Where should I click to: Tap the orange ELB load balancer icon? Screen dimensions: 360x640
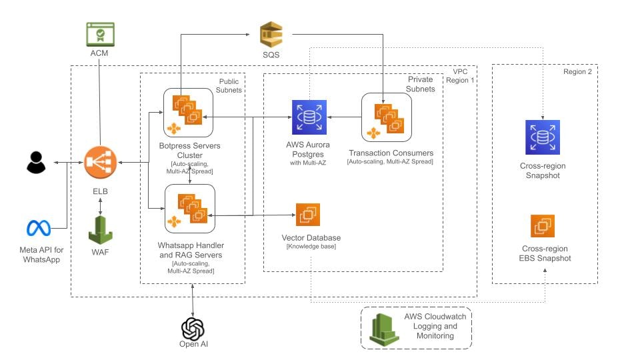tap(101, 162)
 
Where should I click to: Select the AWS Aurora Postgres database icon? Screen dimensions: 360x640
tap(309, 117)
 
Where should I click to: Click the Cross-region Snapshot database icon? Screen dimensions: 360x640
tap(543, 138)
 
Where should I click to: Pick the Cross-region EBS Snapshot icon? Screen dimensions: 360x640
tap(543, 226)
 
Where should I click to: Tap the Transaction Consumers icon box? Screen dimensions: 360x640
tap(386, 117)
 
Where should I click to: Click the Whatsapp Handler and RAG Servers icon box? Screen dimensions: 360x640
tap(189, 209)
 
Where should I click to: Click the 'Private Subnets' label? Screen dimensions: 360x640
tap(420, 84)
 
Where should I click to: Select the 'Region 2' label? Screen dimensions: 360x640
tap(577, 71)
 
